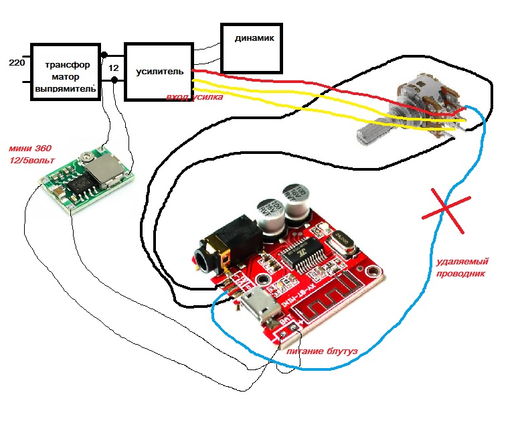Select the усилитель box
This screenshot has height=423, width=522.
click(x=159, y=71)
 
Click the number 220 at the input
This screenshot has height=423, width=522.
click(x=16, y=63)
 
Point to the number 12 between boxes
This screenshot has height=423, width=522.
click(x=114, y=68)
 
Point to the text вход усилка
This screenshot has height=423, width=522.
click(x=195, y=98)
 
